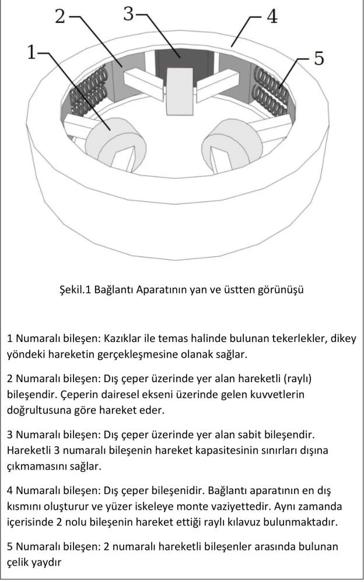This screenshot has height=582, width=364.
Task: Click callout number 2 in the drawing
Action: pos(60,16)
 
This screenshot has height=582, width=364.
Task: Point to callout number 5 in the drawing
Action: pos(318,59)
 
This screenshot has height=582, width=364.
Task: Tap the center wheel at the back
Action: pos(178,91)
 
